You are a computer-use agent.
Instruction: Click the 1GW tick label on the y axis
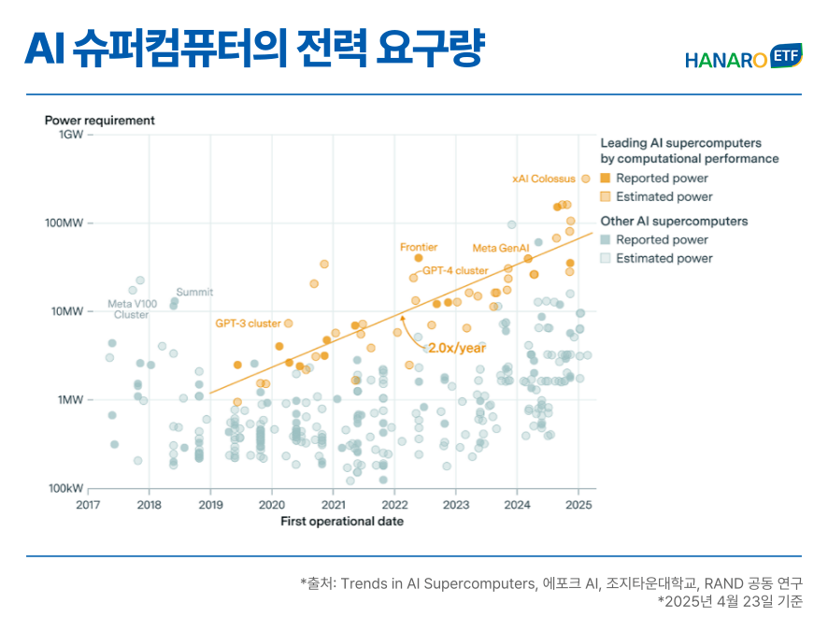(72, 135)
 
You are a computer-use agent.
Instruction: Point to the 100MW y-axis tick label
(65, 223)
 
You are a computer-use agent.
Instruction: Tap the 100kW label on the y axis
(65, 489)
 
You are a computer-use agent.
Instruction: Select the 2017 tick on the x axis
(88, 505)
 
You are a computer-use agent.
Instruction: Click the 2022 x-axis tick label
(394, 505)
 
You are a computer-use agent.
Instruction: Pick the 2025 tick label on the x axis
(578, 505)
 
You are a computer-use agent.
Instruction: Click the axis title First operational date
(342, 522)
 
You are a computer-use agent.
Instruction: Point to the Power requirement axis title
(100, 121)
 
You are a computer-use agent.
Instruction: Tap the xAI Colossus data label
(544, 179)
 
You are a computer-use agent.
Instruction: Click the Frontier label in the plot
(419, 247)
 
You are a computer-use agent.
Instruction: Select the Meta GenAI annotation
(494, 248)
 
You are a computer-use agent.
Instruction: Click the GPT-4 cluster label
(455, 270)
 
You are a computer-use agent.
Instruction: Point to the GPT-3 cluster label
(248, 323)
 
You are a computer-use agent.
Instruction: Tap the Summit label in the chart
(194, 293)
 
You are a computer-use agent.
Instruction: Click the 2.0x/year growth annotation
(457, 348)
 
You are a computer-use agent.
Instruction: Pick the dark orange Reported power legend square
(606, 178)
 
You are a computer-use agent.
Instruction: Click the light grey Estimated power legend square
(606, 258)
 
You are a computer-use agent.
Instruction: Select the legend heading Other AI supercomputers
(674, 222)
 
